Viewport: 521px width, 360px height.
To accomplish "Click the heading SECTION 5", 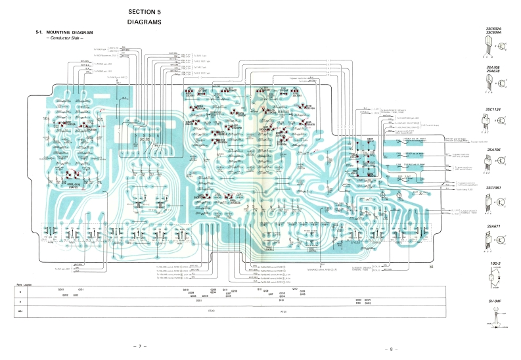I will click(145, 12).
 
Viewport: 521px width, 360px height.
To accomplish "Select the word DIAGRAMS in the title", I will click(145, 22).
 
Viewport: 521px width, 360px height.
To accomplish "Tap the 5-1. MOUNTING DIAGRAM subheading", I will click(64, 33).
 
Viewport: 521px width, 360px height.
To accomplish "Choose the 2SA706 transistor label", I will click(493, 150).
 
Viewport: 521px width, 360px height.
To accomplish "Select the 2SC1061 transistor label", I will click(493, 189).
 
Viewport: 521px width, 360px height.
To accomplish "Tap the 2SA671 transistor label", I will click(493, 227).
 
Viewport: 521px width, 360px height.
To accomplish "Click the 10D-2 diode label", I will click(493, 265).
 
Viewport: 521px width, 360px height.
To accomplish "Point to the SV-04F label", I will click(493, 302).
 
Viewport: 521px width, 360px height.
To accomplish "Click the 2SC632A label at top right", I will click(493, 28).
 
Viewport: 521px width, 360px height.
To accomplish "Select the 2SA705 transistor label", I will click(493, 67).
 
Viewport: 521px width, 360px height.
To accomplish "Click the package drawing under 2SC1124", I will click(487, 122).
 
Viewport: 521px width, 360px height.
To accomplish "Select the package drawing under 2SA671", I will click(487, 240).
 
